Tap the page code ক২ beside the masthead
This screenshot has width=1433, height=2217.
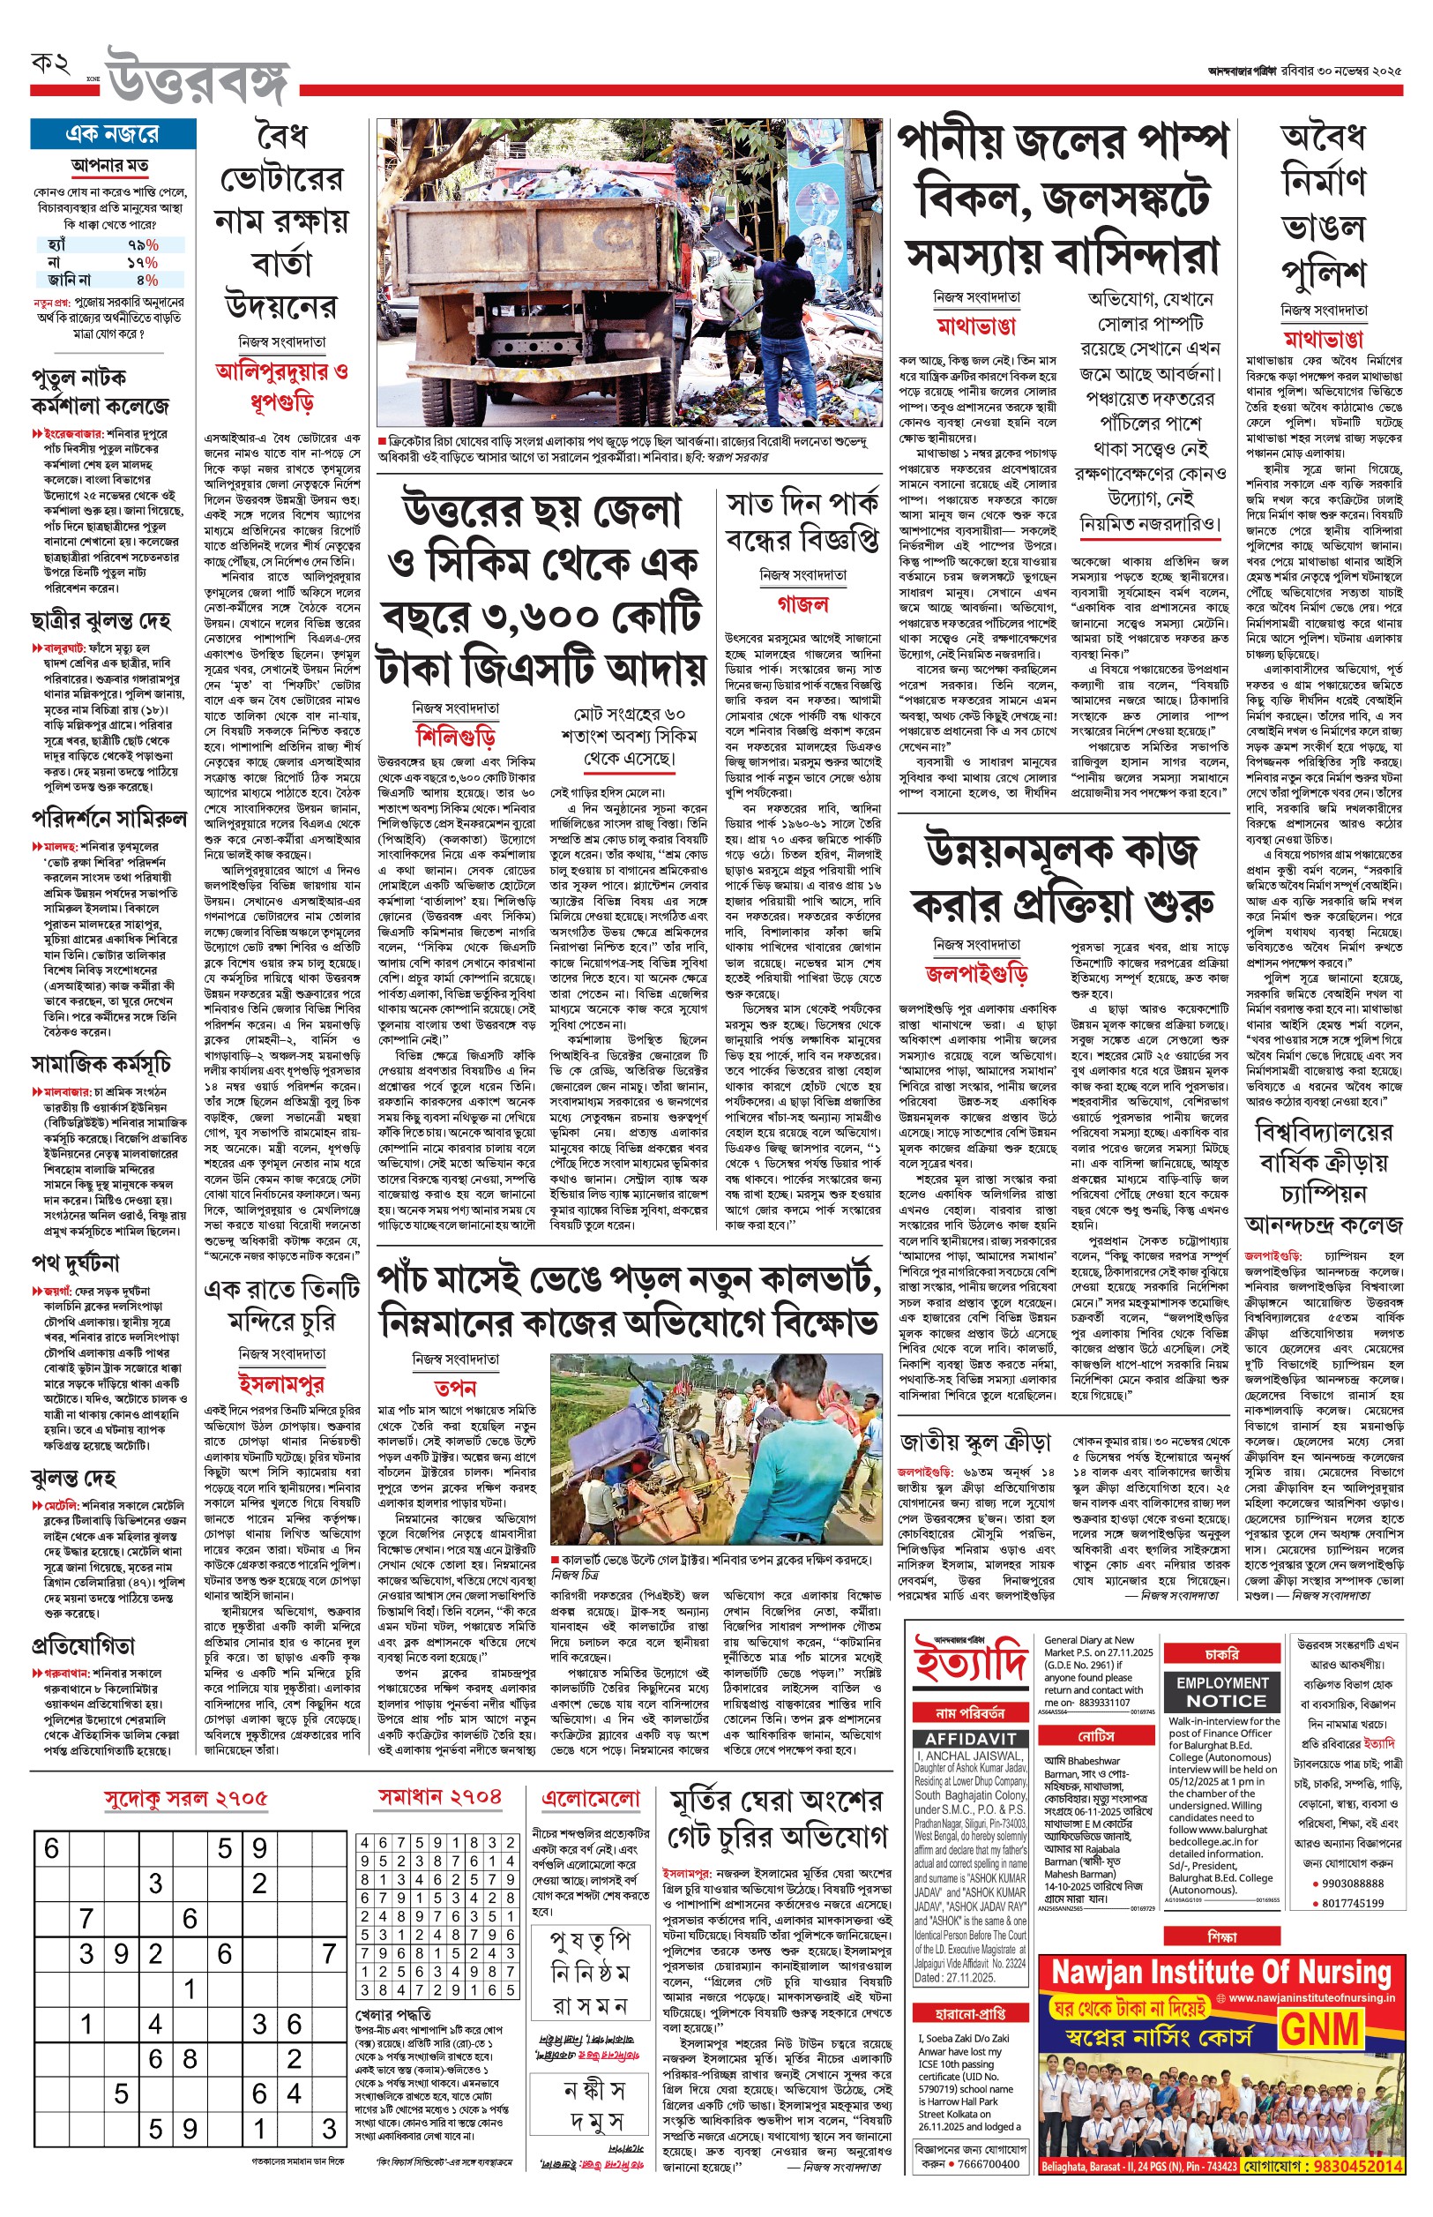(52, 64)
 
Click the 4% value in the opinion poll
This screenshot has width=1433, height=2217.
(147, 279)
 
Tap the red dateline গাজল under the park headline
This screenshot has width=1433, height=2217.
(802, 603)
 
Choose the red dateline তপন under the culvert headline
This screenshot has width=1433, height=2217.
(455, 1387)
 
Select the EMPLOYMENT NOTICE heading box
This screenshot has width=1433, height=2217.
(1221, 1691)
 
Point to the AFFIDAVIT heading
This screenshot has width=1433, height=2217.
(970, 1739)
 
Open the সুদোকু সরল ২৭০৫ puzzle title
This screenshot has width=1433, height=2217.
(185, 1798)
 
